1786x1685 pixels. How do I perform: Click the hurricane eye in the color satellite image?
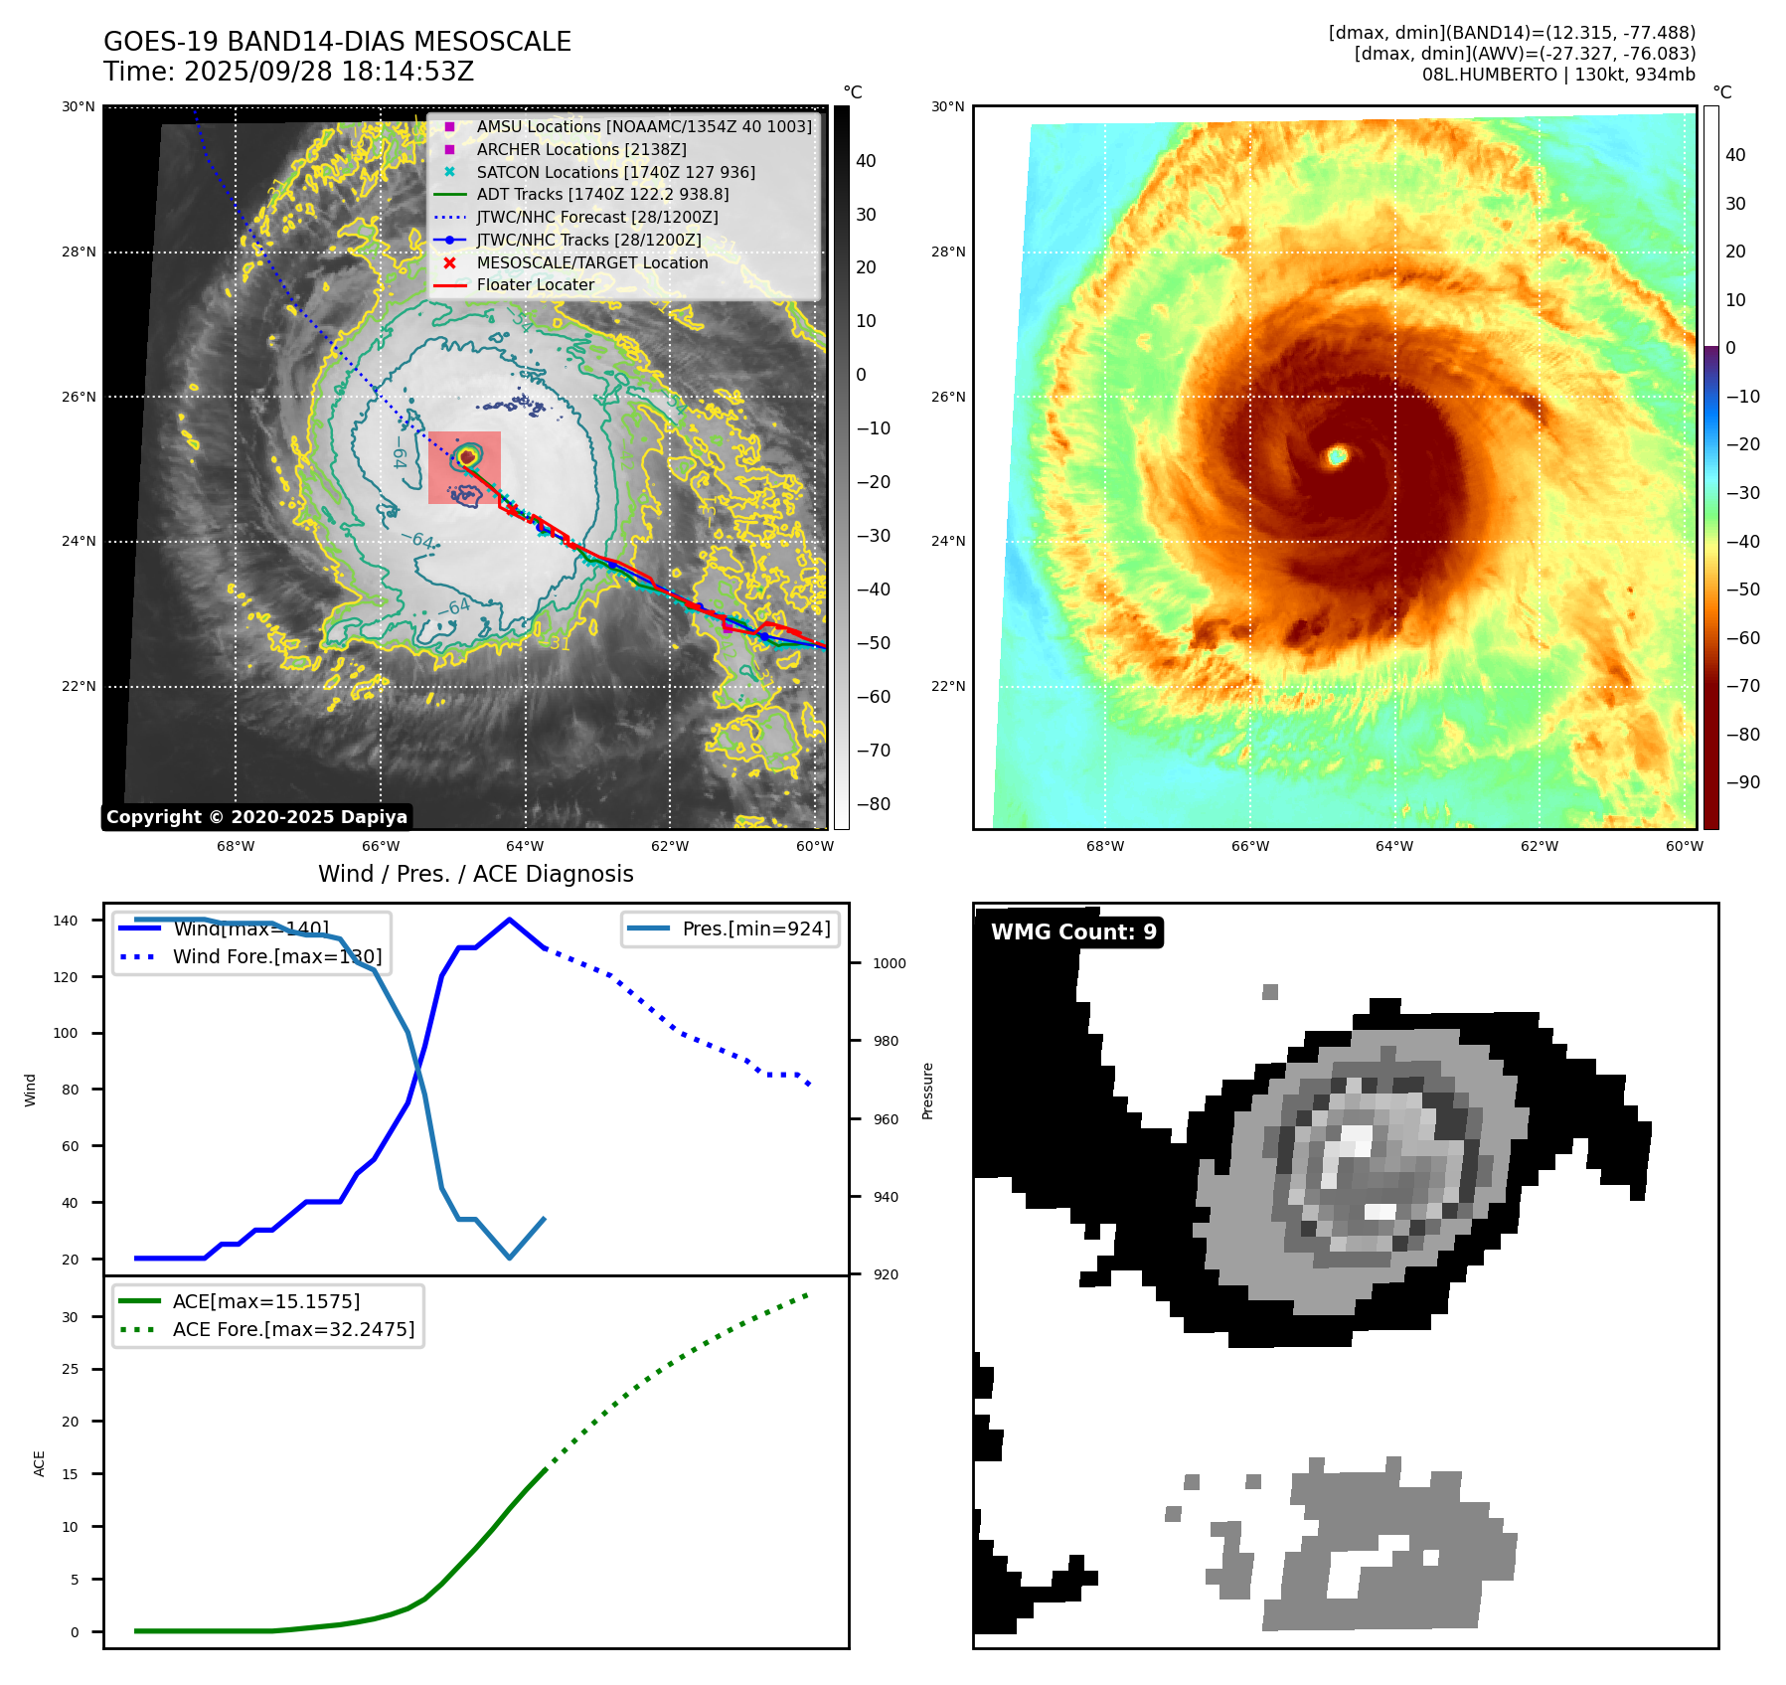tap(1337, 455)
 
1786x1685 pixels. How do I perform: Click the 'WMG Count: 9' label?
tap(1073, 931)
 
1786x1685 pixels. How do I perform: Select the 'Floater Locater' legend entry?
tap(535, 284)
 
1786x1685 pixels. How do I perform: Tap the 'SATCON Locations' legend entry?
tap(615, 172)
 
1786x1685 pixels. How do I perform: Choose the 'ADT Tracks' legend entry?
tap(602, 194)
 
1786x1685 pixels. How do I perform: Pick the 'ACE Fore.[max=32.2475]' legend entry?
tap(293, 1329)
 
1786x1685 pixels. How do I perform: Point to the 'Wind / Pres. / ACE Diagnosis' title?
tap(475, 874)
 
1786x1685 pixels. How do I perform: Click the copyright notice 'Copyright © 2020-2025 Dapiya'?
tap(256, 817)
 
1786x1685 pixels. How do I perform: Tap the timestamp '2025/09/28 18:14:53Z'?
tap(328, 72)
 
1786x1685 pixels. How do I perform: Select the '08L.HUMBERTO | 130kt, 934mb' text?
tap(1557, 75)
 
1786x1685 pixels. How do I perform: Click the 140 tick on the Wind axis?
tap(66, 921)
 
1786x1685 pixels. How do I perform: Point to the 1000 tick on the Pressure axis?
tap(889, 963)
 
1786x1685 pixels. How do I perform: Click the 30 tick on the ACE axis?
tap(70, 1317)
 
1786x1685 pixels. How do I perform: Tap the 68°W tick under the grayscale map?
tap(236, 847)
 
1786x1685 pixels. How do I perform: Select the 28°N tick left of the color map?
tap(947, 252)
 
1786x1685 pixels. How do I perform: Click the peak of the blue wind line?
tap(510, 920)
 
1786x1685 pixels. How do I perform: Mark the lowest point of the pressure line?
tap(510, 1258)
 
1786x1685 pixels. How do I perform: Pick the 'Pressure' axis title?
tap(927, 1091)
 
